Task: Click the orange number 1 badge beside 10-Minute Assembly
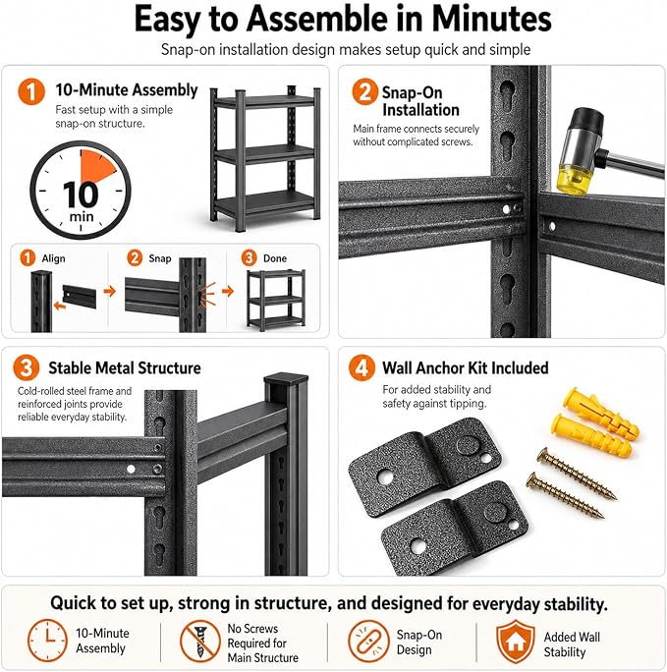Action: click(x=31, y=91)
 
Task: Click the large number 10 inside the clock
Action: click(x=81, y=195)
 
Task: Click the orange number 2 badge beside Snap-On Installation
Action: click(x=364, y=91)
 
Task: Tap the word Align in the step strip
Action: click(x=54, y=258)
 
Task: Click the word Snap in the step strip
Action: click(x=160, y=258)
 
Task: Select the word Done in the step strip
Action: click(x=275, y=258)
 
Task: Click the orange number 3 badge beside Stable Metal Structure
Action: click(x=27, y=367)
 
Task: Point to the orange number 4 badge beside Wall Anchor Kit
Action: click(x=361, y=367)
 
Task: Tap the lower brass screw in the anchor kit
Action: click(x=565, y=495)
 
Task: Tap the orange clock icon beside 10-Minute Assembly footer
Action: click(x=47, y=641)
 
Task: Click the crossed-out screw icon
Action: click(x=200, y=642)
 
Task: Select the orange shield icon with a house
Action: click(x=516, y=642)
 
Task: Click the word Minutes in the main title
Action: click(x=491, y=20)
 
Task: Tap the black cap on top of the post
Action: click(x=286, y=379)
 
